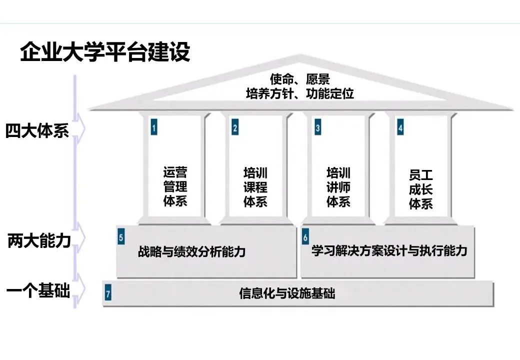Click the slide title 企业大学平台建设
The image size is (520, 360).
(105, 52)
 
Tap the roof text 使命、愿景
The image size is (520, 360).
(299, 79)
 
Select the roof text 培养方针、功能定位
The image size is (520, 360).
(299, 93)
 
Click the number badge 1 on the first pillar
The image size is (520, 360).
(154, 128)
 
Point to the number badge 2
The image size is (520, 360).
(234, 128)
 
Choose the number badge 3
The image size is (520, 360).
(317, 128)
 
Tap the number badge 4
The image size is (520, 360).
(400, 128)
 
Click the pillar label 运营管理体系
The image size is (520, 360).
(175, 187)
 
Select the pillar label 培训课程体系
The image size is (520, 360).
(255, 187)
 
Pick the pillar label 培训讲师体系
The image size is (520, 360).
(338, 187)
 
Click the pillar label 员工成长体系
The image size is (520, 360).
(421, 189)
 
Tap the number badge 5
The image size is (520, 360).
(121, 237)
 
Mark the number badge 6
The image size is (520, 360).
(305, 237)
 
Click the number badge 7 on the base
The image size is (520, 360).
(108, 294)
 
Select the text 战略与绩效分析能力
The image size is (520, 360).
(192, 251)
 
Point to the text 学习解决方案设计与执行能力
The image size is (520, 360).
(389, 250)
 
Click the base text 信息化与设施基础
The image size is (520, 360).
(287, 293)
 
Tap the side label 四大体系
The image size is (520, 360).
(37, 130)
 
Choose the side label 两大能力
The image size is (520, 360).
(39, 241)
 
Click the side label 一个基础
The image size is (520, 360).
(38, 291)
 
